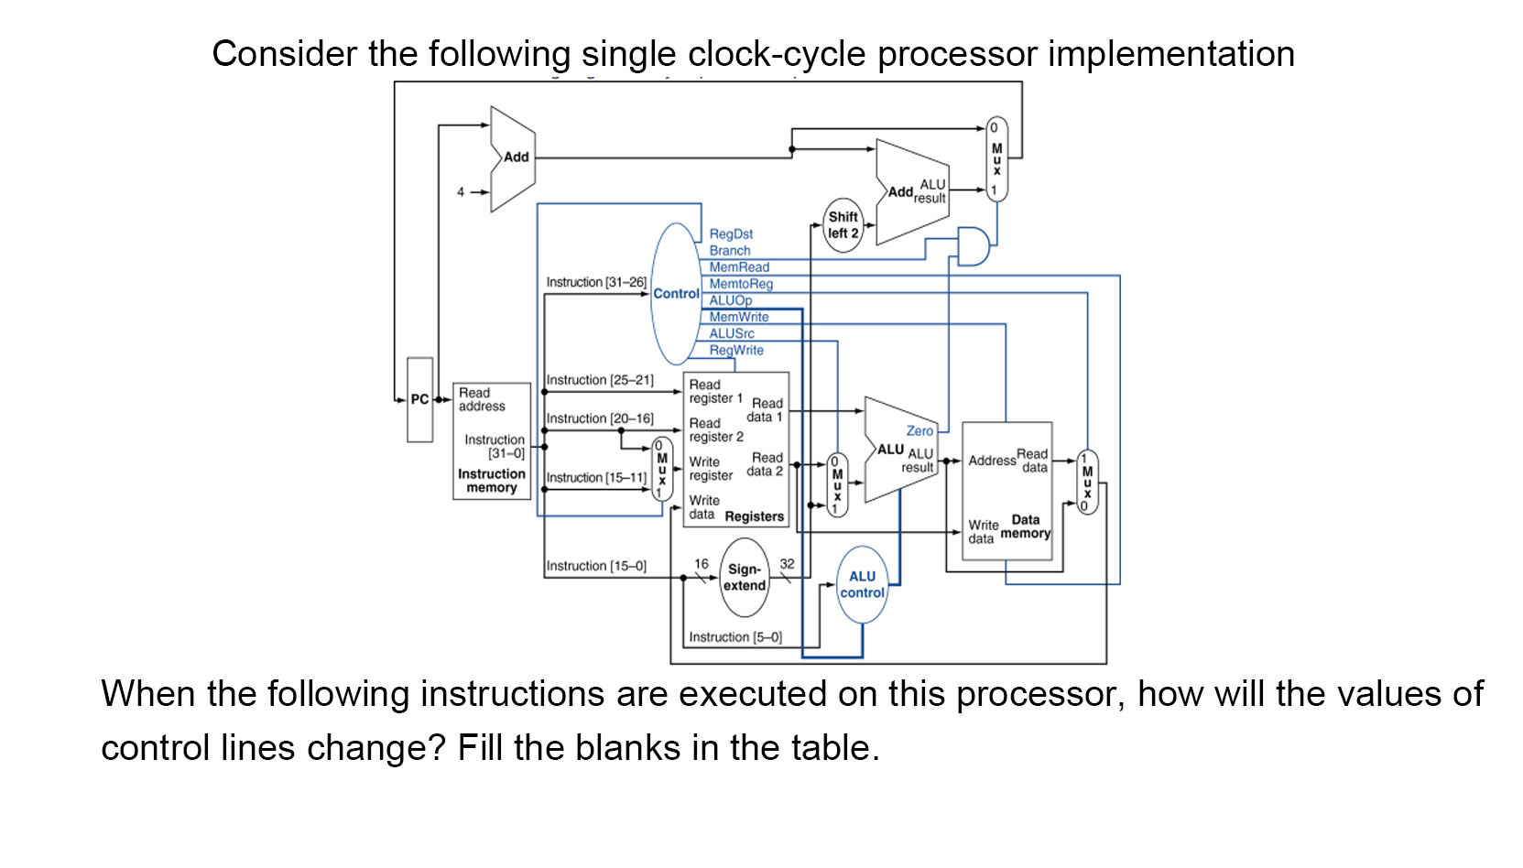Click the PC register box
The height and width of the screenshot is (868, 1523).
pos(419,400)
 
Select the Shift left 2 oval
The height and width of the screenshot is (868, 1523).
pos(843,225)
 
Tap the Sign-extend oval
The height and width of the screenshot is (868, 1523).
pos(745,578)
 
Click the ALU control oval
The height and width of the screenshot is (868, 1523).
pos(862,585)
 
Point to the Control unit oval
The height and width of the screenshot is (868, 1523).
pos(676,294)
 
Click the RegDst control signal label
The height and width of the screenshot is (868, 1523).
pos(731,234)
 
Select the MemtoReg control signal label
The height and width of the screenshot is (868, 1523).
pos(741,284)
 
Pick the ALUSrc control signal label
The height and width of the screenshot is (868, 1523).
pos(732,334)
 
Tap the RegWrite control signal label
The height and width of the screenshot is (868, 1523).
pos(736,351)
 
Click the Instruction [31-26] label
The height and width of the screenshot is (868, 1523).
pos(596,282)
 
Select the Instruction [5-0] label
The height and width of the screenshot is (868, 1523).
pos(735,637)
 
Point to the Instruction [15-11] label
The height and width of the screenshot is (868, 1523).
pos(596,478)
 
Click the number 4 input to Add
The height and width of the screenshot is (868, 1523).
pos(461,192)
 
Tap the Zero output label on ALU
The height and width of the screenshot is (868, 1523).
pos(919,431)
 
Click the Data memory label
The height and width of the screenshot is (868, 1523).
pos(1025,526)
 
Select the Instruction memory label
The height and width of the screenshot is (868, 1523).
pos(492,481)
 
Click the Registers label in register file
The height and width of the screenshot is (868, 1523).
pos(754,516)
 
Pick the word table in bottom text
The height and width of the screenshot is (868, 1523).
pos(830,748)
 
